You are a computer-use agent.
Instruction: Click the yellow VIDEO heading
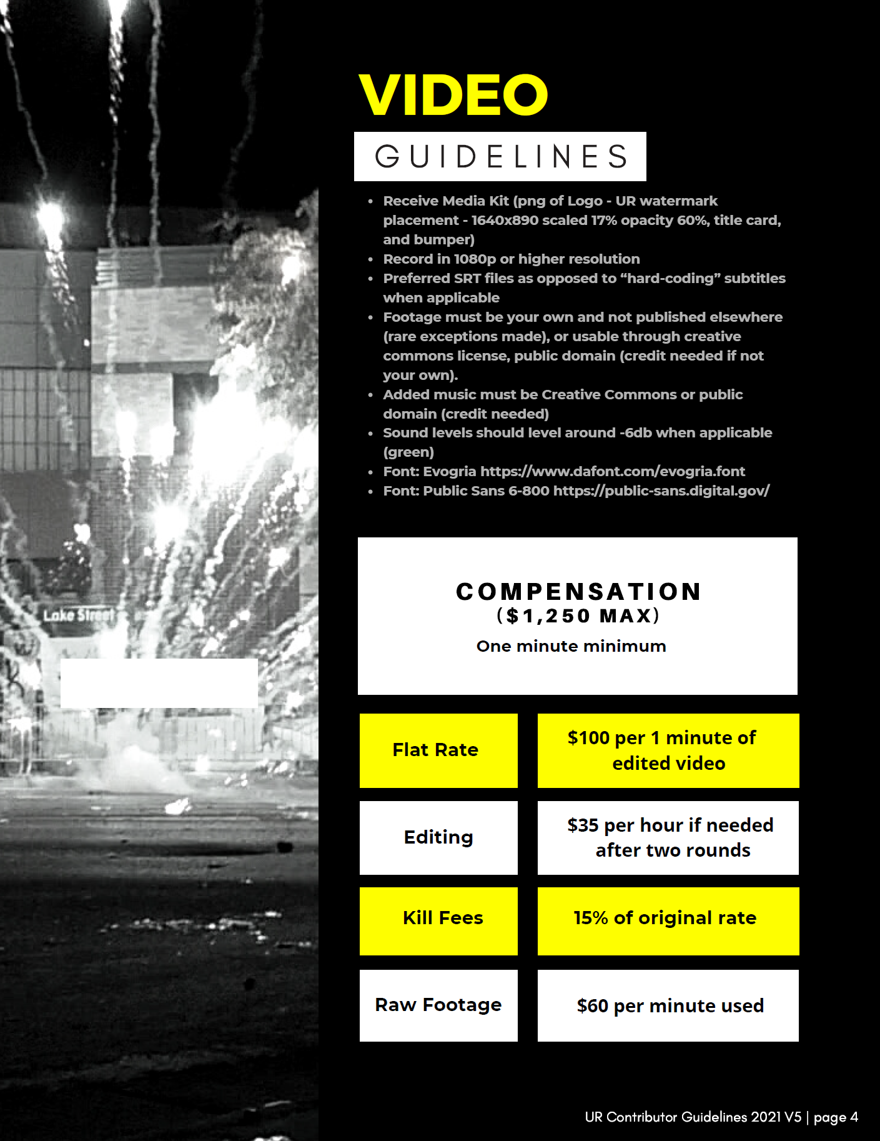pos(453,95)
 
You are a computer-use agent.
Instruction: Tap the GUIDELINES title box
pos(500,156)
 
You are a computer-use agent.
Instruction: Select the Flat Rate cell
pos(438,750)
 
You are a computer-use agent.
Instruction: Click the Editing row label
pos(438,837)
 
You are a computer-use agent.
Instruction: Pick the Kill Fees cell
pos(438,918)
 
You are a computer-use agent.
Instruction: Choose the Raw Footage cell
pos(438,1005)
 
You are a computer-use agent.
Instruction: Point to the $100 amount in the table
pos(589,738)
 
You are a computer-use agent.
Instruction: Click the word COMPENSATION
pos(578,592)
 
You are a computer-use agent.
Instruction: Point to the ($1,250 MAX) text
pos(578,616)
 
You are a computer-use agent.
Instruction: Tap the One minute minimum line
pos(571,646)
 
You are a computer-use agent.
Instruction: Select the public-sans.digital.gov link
pos(661,491)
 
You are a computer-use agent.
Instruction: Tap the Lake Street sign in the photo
pos(79,615)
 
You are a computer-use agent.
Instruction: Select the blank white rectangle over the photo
pos(159,682)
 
